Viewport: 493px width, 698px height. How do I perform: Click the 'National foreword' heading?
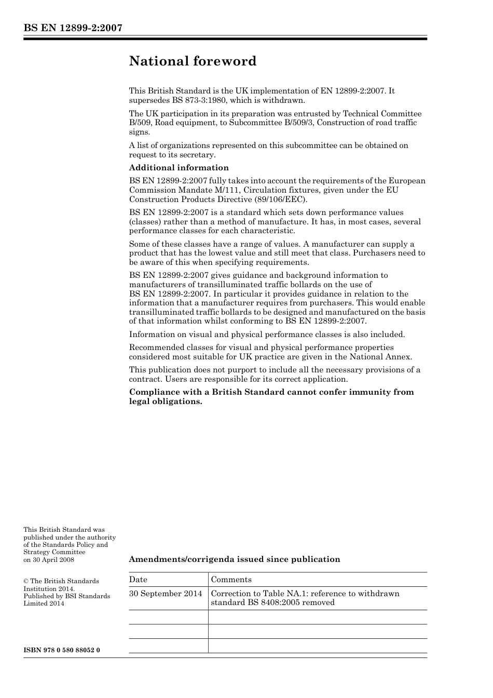tap(193, 61)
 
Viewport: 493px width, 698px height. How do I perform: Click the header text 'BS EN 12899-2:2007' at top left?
tap(73, 28)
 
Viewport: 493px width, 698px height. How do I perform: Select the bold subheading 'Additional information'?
tap(179, 168)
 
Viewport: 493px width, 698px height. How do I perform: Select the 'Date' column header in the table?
tap(138, 580)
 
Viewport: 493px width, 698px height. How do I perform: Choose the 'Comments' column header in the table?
tap(231, 580)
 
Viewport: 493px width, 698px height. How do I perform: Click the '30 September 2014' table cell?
tap(166, 594)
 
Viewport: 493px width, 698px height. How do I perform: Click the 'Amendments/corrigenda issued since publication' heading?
tap(235, 559)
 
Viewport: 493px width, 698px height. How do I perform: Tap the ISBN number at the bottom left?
tap(62, 650)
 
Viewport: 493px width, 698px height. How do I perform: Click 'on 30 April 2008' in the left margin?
tap(49, 559)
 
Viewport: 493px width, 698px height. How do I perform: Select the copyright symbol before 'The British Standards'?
tap(26, 581)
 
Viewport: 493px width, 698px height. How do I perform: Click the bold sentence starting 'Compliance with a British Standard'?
tap(271, 392)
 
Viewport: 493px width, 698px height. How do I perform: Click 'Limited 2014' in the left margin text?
tap(44, 603)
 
